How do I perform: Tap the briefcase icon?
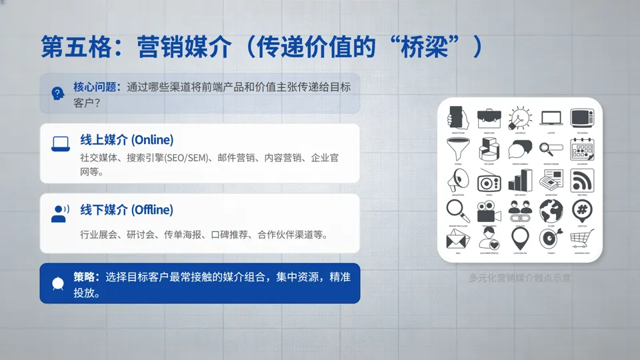point(489,118)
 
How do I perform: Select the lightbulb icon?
point(520,117)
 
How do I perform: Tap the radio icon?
point(489,180)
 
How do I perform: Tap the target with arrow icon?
point(551,238)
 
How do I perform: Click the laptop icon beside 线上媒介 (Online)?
point(61,143)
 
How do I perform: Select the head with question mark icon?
point(58,93)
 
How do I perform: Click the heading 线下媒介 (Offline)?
point(127,210)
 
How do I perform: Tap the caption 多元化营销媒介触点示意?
point(519,277)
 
